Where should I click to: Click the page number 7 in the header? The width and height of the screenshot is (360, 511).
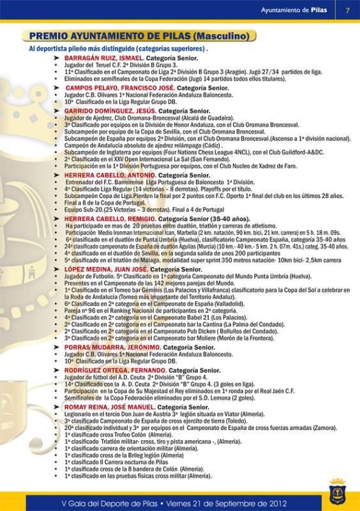(x=347, y=10)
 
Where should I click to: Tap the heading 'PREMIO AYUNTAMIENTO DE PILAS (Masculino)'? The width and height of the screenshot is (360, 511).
(x=139, y=36)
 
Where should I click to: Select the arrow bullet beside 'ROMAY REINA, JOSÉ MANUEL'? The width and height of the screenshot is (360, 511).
(x=57, y=407)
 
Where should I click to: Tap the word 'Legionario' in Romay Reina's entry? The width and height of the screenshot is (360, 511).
(x=80, y=414)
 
